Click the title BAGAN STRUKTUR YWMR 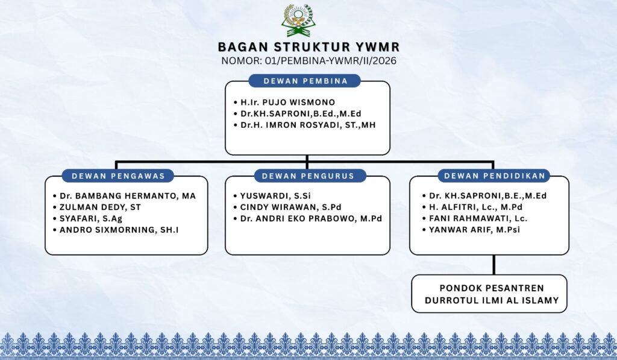point(309,47)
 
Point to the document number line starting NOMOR point(309,61)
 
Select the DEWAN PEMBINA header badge point(304,81)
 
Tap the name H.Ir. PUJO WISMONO point(287,103)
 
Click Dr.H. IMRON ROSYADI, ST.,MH point(308,125)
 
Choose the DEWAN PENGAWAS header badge point(118,175)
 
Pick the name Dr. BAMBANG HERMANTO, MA point(128,196)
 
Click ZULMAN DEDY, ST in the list point(100,207)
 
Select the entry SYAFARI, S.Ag point(91,219)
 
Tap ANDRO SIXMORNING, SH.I point(119,230)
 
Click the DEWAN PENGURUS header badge point(308,175)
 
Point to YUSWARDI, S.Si point(275,196)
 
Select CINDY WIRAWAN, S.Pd point(290,207)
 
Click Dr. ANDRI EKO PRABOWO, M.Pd point(311,219)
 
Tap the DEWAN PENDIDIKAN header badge point(495,175)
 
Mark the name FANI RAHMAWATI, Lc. point(478,219)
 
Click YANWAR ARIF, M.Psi point(475,230)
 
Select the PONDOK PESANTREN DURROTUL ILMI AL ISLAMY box point(489,294)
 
